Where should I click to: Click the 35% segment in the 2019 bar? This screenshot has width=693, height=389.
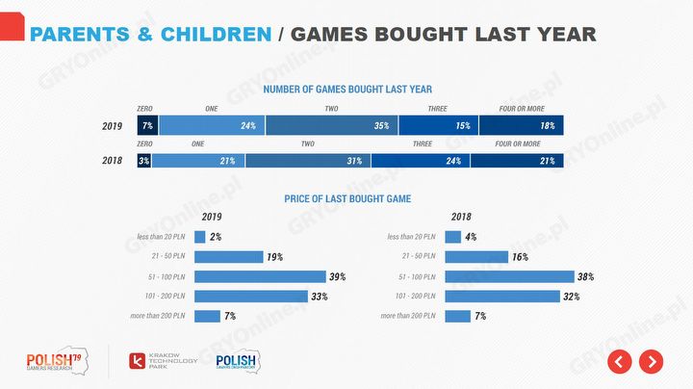[332, 126]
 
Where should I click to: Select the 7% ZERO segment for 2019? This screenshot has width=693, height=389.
[147, 126]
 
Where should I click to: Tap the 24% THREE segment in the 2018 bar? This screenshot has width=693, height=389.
[420, 161]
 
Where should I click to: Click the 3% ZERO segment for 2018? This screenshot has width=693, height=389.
[143, 161]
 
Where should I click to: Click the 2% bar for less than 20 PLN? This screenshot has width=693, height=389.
[199, 237]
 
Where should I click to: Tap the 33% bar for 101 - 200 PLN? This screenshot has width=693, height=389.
[250, 296]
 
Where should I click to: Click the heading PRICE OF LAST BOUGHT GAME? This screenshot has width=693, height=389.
[347, 199]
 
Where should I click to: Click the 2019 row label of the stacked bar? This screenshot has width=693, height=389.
[113, 126]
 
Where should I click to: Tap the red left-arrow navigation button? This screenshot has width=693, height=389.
[619, 361]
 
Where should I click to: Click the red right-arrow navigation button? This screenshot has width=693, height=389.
[652, 361]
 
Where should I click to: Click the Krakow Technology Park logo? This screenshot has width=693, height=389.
[164, 362]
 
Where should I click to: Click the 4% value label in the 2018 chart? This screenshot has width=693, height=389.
[470, 237]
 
